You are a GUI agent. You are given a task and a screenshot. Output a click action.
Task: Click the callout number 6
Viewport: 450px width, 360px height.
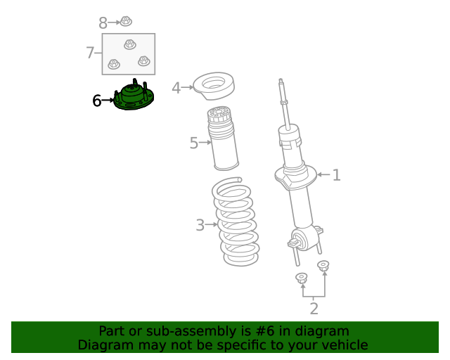(x=97, y=101)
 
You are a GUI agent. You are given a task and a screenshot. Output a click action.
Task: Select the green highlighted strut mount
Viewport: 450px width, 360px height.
(x=134, y=96)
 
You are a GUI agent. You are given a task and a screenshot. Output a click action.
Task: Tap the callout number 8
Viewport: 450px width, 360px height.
(x=103, y=23)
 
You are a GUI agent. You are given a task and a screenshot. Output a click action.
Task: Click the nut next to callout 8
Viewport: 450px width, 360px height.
(x=126, y=21)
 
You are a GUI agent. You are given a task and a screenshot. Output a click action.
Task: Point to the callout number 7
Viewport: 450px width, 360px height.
(x=90, y=53)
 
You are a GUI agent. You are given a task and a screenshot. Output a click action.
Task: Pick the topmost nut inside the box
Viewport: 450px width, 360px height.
(x=130, y=44)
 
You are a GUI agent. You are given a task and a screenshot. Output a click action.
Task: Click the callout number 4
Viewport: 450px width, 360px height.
(x=176, y=88)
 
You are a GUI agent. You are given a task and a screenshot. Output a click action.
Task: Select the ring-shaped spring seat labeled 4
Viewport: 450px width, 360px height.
(x=214, y=86)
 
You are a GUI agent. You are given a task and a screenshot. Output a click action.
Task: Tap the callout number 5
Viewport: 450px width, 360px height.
(x=194, y=143)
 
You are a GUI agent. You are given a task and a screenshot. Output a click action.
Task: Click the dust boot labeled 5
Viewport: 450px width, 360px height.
(x=223, y=139)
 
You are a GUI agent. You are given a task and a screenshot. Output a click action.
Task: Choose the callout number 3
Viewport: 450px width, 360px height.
(x=200, y=225)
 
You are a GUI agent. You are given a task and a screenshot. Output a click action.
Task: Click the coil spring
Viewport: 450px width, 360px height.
(x=236, y=221)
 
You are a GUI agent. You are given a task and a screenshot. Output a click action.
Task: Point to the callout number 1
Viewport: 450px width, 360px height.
(x=336, y=175)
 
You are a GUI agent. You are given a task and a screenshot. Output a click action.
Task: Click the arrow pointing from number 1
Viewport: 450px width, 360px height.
(x=323, y=174)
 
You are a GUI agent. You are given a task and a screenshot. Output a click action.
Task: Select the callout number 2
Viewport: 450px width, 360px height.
(x=314, y=309)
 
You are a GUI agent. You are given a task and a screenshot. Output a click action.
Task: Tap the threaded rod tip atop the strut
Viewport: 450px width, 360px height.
(x=281, y=81)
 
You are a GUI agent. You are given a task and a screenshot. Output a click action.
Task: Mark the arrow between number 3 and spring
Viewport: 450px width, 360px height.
(x=211, y=224)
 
